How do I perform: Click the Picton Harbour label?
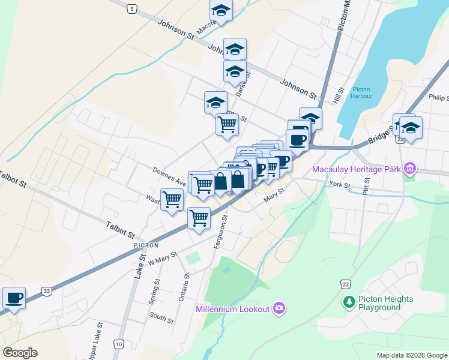click(363, 92)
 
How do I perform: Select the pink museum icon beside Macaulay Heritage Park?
click(410, 169)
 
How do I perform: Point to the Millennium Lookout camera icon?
click(279, 309)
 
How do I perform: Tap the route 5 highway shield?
click(132, 8)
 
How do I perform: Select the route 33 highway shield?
click(46, 292)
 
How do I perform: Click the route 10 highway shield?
click(119, 344)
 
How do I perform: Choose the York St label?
click(340, 185)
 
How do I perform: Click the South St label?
click(161, 318)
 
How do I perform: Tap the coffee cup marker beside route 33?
click(14, 298)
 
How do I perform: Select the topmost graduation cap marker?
click(221, 10)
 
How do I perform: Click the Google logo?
click(20, 352)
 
